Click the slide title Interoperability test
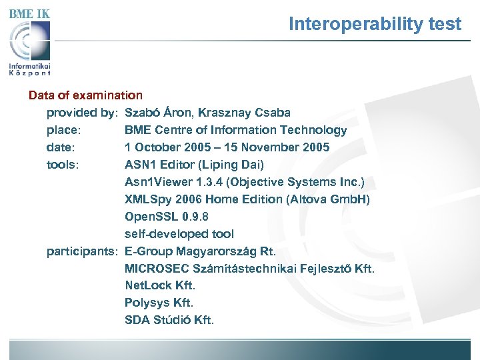[375, 25]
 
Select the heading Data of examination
[85, 95]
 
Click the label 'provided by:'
[82, 113]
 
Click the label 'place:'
[64, 130]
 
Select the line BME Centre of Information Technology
[235, 130]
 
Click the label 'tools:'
[63, 165]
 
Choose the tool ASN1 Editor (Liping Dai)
[194, 165]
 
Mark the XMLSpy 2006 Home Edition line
[247, 199]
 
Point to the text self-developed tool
[179, 234]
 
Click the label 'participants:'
[82, 251]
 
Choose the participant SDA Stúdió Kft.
[169, 320]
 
